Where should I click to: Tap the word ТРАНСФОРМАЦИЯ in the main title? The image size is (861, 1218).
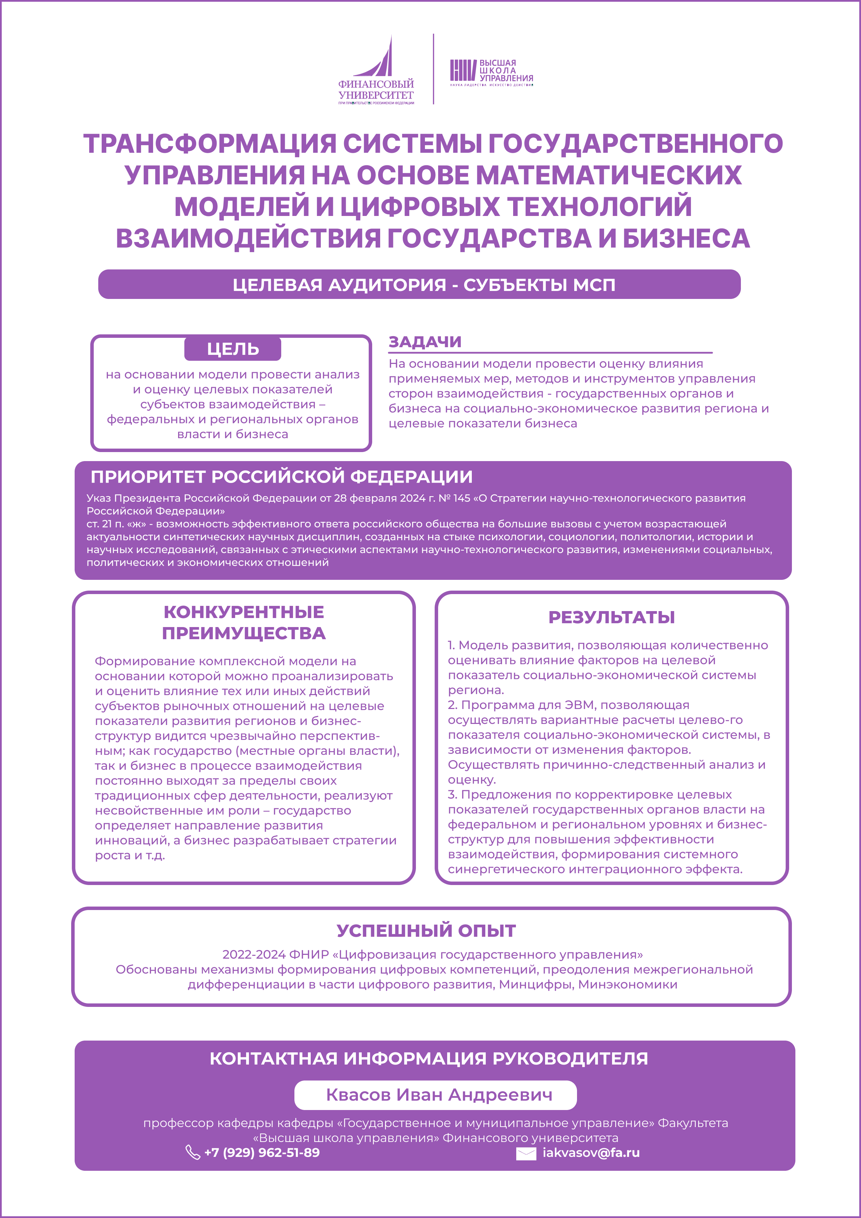pyautogui.click(x=210, y=144)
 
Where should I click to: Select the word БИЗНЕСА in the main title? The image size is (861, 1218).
pyautogui.click(x=686, y=238)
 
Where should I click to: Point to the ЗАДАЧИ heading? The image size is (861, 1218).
pyautogui.click(x=425, y=342)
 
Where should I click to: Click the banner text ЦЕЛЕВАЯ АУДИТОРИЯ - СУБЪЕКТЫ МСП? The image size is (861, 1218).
pyautogui.click(x=424, y=285)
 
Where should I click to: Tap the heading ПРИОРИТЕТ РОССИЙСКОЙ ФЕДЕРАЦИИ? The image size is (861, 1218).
pyautogui.click(x=281, y=477)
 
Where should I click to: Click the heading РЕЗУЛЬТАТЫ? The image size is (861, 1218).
pyautogui.click(x=611, y=617)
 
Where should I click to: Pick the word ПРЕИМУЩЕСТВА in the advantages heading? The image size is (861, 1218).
pyautogui.click(x=243, y=633)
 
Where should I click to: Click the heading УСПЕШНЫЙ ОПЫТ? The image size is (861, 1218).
pyautogui.click(x=426, y=931)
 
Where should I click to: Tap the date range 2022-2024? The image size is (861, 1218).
pyautogui.click(x=253, y=954)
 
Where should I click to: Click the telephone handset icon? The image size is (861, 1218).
pyautogui.click(x=192, y=1152)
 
